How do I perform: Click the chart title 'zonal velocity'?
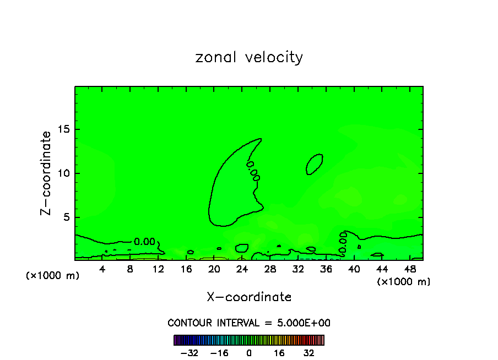pyautogui.click(x=249, y=57)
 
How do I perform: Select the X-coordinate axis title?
pyautogui.click(x=249, y=297)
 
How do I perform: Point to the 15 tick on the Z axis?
pyautogui.click(x=63, y=129)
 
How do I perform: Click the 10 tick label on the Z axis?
pyautogui.click(x=63, y=173)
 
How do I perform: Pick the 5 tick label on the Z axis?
pyautogui.click(x=66, y=217)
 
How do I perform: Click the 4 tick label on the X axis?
pyautogui.click(x=102, y=270)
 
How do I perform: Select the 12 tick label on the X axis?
pyautogui.click(x=158, y=270)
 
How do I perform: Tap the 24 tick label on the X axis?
pyautogui.click(x=242, y=270)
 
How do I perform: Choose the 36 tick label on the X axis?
pyautogui.click(x=326, y=270)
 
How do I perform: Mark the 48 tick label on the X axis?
pyautogui.click(x=409, y=270)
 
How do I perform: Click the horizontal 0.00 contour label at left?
pyautogui.click(x=145, y=242)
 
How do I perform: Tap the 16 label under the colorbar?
pyautogui.click(x=280, y=353)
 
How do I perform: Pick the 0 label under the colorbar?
pyautogui.click(x=249, y=353)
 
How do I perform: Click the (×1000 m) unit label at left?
pyautogui.click(x=53, y=276)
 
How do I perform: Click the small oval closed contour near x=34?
pyautogui.click(x=315, y=164)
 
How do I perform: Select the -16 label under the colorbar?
pyautogui.click(x=219, y=353)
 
